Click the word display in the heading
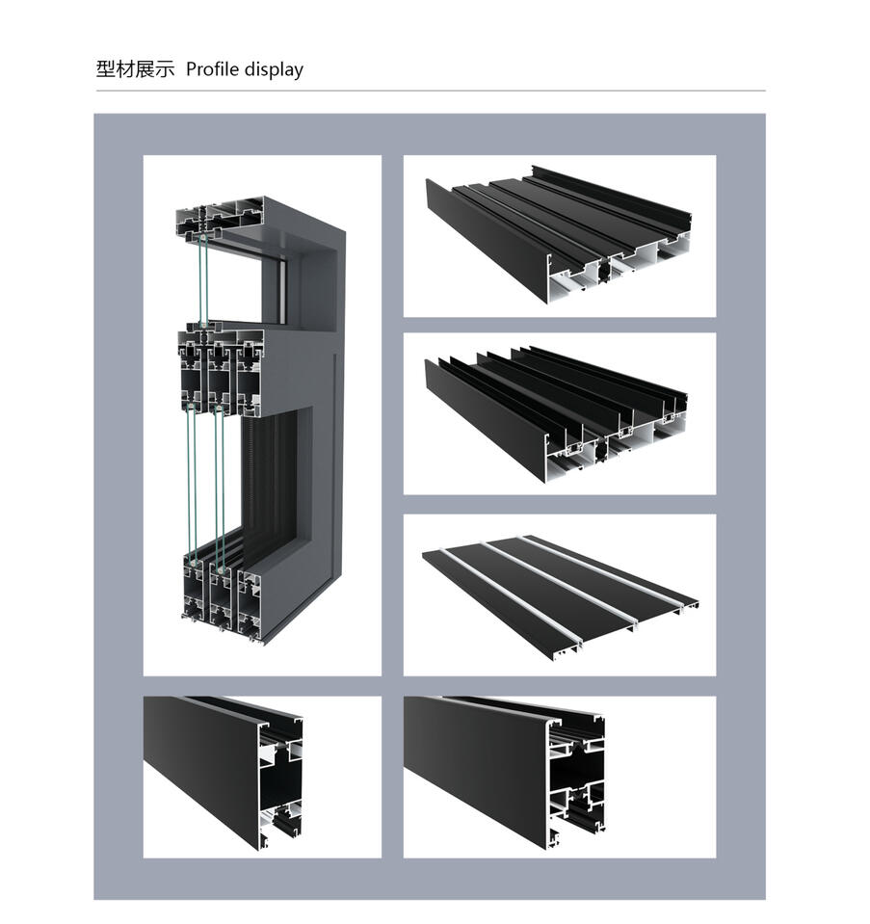(x=274, y=69)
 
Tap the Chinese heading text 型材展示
(x=135, y=69)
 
